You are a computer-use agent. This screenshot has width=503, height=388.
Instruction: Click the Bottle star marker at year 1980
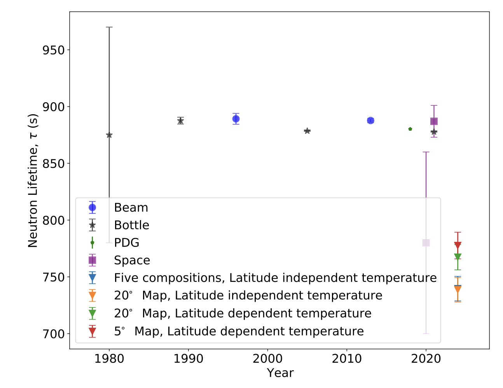(x=109, y=135)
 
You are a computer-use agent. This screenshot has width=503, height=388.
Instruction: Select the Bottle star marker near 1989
(x=180, y=121)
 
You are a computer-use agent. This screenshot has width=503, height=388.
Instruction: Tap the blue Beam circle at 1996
(x=236, y=119)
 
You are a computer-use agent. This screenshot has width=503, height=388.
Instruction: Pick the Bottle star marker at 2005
(x=307, y=131)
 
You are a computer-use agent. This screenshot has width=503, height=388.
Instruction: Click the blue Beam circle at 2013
(x=370, y=121)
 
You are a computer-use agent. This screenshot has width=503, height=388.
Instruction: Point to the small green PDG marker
(x=410, y=129)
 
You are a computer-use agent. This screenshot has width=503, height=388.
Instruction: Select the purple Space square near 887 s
(x=434, y=121)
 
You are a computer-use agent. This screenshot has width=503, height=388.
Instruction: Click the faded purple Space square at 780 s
(x=426, y=243)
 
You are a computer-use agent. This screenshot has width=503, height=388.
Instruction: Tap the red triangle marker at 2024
(x=458, y=245)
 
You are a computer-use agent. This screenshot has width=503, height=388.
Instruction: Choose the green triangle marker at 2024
(x=458, y=257)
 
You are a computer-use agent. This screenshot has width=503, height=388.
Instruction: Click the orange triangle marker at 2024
(x=458, y=289)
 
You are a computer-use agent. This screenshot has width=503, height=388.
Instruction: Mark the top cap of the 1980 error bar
(x=109, y=27)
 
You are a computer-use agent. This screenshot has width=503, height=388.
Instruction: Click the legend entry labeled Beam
(x=131, y=208)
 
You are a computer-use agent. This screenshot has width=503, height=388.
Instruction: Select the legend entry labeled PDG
(x=126, y=243)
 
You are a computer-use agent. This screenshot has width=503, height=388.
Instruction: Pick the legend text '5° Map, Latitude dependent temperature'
(x=239, y=331)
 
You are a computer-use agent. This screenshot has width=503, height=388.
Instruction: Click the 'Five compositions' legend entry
(x=275, y=278)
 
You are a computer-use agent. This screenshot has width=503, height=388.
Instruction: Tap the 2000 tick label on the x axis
(x=267, y=359)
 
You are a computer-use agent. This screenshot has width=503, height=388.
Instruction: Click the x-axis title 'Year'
(x=280, y=373)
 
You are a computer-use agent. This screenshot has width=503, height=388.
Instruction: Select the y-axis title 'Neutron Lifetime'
(x=33, y=181)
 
